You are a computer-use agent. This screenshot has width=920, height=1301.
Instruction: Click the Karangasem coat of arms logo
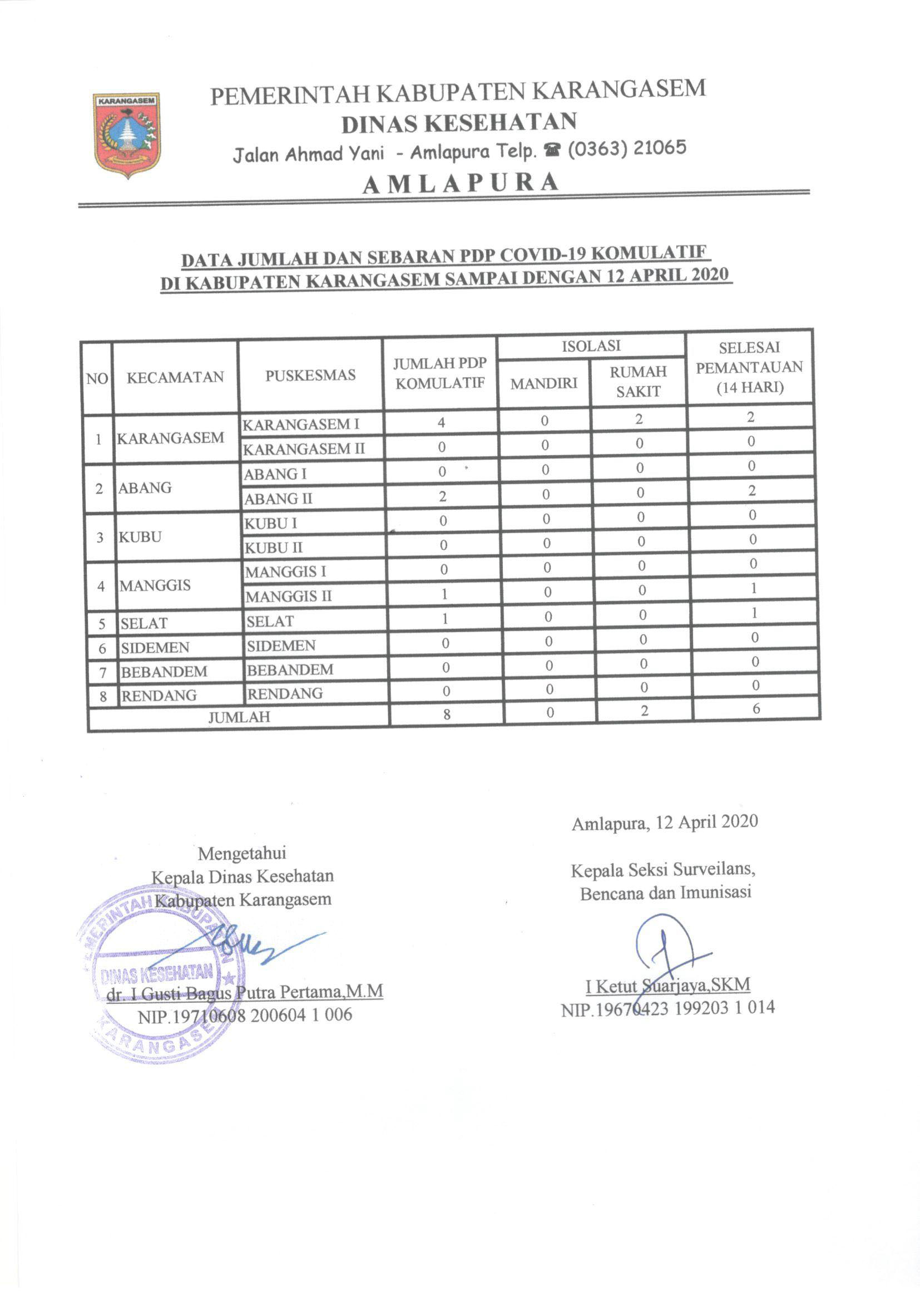[127, 135]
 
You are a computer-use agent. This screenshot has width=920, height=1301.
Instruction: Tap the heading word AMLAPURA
[460, 183]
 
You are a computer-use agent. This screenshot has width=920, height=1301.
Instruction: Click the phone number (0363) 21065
[626, 149]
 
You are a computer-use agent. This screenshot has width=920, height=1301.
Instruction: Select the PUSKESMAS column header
[310, 375]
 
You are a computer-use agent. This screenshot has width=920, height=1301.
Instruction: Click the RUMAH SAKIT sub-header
[638, 381]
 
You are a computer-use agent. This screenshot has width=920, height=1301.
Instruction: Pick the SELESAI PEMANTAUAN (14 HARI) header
[749, 367]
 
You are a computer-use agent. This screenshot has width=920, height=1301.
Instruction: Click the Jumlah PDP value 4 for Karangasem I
[441, 422]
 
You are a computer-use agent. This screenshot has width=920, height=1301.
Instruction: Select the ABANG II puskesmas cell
[278, 499]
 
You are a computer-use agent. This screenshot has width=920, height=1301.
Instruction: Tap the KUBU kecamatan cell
[140, 536]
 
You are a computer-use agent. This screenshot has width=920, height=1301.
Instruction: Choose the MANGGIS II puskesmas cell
[288, 596]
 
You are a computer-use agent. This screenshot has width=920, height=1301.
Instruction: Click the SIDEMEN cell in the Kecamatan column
[155, 648]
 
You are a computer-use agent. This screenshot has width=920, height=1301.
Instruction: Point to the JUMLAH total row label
[239, 717]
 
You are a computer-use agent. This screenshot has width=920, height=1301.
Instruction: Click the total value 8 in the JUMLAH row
[447, 714]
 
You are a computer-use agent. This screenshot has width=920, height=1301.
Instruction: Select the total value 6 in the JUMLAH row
[756, 708]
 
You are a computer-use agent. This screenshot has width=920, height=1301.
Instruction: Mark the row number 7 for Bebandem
[103, 673]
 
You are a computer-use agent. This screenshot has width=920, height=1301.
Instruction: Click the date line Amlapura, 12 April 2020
[664, 822]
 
